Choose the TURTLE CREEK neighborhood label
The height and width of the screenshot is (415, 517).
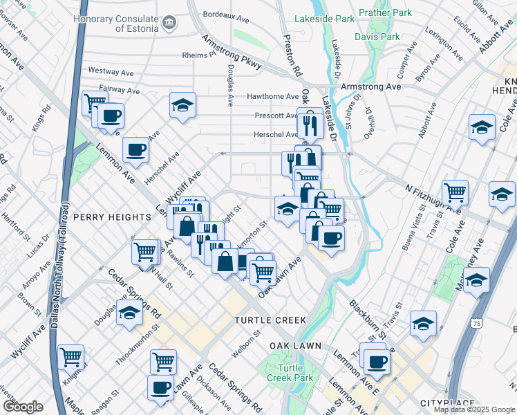click(x=269, y=320)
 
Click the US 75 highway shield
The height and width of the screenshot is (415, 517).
click(x=477, y=323)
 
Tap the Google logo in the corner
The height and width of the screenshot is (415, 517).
click(x=23, y=407)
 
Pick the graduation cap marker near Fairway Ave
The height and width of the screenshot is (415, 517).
click(x=182, y=105)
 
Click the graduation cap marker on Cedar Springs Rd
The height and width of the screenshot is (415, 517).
click(x=129, y=313)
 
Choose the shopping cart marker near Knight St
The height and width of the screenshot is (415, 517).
click(x=70, y=357)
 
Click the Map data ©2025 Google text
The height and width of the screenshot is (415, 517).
click(x=474, y=409)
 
